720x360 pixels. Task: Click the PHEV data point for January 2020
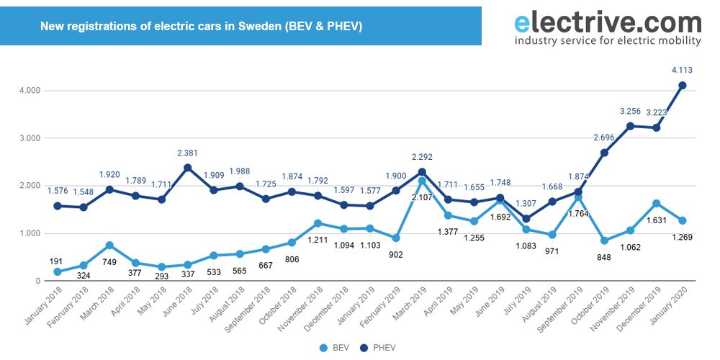pos(683,85)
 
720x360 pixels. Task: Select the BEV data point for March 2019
pos(422,181)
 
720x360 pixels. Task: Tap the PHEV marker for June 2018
pos(187,168)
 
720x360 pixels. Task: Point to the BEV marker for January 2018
pos(58,272)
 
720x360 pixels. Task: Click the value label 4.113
pos(683,70)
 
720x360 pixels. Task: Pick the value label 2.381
pos(187,153)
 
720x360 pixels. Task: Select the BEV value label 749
pos(109,261)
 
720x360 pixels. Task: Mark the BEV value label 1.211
pos(318,239)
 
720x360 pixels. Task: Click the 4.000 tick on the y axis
pos(30,91)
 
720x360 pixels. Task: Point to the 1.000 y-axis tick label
pos(30,233)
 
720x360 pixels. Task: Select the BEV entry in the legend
pos(336,347)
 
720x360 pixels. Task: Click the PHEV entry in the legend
pos(378,347)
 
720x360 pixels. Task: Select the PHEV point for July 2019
pos(526,219)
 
